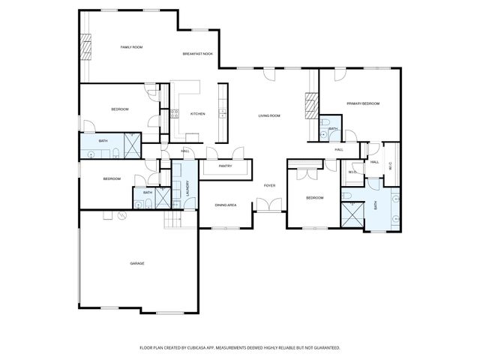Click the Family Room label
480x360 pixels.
132,47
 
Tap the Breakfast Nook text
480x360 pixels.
198,54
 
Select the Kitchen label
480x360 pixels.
197,114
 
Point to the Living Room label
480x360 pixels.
269,115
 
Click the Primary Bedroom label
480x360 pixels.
362,103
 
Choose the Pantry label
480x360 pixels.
225,166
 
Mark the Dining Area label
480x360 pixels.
226,205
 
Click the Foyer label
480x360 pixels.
270,184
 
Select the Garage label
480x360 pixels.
137,263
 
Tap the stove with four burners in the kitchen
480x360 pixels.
175,114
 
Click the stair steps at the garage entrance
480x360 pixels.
174,220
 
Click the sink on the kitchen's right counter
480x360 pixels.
222,115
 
